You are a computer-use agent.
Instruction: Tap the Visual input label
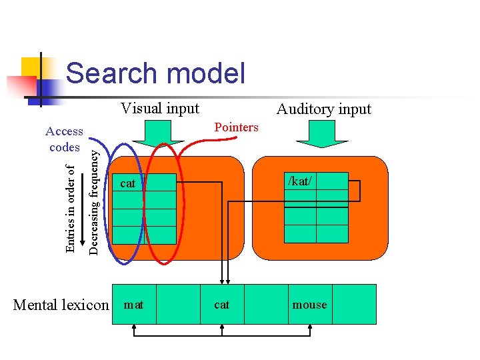[x=160, y=108]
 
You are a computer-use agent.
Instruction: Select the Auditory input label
[x=324, y=109]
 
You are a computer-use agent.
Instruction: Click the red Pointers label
[x=236, y=127]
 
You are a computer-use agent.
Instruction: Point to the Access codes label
[x=64, y=139]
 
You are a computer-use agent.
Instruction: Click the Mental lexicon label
[x=61, y=305]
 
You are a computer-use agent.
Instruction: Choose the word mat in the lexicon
[x=134, y=305]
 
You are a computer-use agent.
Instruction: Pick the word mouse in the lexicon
[x=310, y=305]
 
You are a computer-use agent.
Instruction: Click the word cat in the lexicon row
[x=222, y=305]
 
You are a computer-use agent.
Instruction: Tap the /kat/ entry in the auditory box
[x=300, y=180]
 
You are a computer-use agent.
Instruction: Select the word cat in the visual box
[x=127, y=183]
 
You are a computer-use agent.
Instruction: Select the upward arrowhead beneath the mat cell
[x=134, y=327]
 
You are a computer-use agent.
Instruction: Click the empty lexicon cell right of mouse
[x=354, y=305]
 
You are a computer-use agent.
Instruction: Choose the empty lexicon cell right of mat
[x=178, y=305]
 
